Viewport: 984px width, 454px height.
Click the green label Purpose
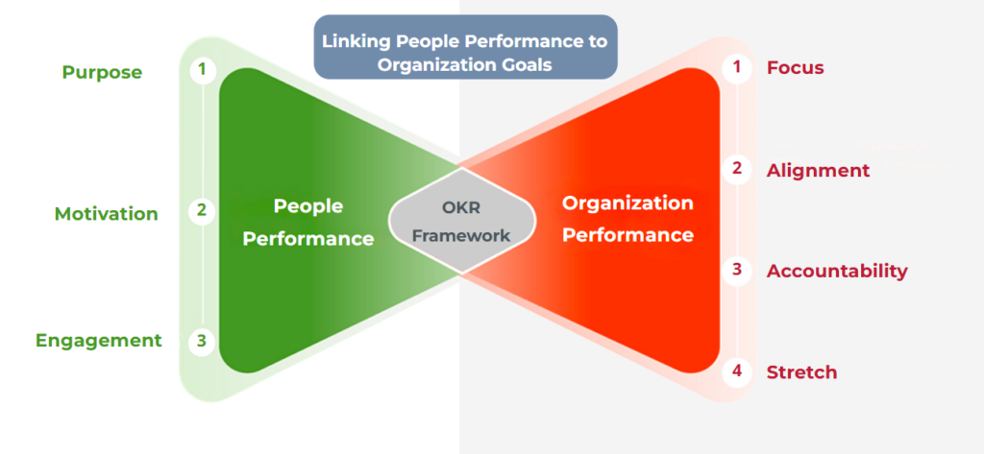[x=102, y=73]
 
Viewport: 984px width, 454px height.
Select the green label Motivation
[x=106, y=214]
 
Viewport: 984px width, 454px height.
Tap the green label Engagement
[x=98, y=341]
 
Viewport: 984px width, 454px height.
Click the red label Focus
[x=795, y=68]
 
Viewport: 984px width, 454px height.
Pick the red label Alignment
[x=818, y=171]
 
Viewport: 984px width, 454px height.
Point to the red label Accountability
[x=836, y=271]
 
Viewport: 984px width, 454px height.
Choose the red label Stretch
[x=801, y=372]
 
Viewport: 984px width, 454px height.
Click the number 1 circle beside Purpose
[x=202, y=69]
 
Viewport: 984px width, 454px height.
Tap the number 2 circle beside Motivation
[x=202, y=209]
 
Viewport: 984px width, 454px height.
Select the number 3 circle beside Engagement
[x=202, y=340]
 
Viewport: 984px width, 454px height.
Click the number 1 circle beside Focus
[x=737, y=67]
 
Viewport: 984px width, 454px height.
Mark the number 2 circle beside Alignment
[x=737, y=169]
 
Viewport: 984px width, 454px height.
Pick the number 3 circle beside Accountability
[x=737, y=270]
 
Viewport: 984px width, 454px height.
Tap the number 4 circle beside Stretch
[x=737, y=370]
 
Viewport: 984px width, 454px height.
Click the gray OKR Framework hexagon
[x=462, y=221]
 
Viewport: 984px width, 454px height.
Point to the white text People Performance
[x=307, y=222]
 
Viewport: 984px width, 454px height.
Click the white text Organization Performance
[x=627, y=219]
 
